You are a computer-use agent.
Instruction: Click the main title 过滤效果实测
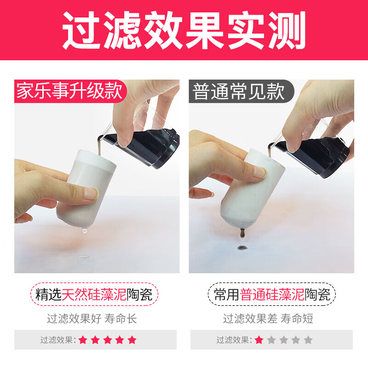click(184, 30)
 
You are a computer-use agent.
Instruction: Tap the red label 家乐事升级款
click(70, 92)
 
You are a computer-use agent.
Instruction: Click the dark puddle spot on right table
click(241, 248)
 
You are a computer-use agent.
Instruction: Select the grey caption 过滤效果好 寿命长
click(92, 318)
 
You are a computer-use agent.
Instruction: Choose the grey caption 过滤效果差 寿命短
click(268, 318)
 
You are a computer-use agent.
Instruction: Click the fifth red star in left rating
click(132, 340)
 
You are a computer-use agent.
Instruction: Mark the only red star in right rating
click(259, 340)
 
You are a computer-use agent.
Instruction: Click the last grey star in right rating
click(308, 340)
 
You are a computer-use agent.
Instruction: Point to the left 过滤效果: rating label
click(58, 340)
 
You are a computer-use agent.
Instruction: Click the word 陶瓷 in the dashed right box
click(318, 294)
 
